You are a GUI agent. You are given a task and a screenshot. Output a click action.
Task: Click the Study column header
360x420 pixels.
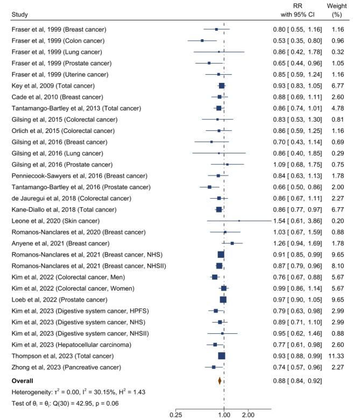[x=20, y=13]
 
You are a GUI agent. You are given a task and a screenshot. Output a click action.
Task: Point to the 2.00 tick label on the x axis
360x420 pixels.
[x=248, y=415]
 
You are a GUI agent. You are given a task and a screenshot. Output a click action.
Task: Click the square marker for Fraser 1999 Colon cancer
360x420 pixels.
[x=202, y=40]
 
